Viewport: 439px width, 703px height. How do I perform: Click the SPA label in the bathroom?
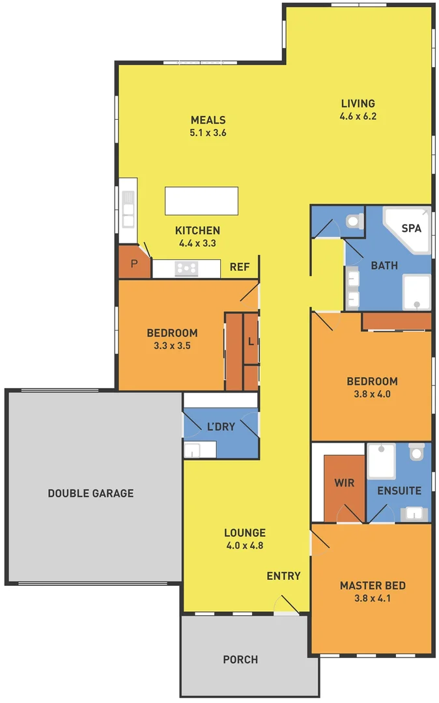click(x=411, y=228)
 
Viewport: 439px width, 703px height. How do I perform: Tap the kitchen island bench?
click(x=201, y=200)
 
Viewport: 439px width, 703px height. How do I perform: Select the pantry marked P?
click(x=134, y=264)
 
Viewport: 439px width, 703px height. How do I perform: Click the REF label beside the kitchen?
click(x=240, y=266)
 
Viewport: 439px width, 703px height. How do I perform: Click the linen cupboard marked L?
click(x=251, y=341)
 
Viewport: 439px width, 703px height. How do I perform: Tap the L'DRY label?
click(x=221, y=427)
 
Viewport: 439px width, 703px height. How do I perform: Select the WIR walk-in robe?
click(x=344, y=484)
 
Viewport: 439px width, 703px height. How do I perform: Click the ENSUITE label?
click(x=399, y=491)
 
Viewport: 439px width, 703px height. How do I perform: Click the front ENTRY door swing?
click(x=285, y=605)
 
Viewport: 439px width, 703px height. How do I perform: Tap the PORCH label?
click(x=240, y=659)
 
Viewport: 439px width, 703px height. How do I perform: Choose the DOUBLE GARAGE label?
click(x=91, y=493)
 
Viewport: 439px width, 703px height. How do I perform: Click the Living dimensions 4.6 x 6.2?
click(x=358, y=117)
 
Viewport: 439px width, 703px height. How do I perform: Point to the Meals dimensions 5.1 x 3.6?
click(x=208, y=132)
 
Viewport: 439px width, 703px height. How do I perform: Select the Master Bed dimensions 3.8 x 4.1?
click(x=373, y=598)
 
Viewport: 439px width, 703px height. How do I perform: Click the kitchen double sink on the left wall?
click(x=128, y=208)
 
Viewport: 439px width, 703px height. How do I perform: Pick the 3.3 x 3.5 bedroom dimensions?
click(x=172, y=346)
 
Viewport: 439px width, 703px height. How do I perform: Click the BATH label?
click(x=384, y=266)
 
